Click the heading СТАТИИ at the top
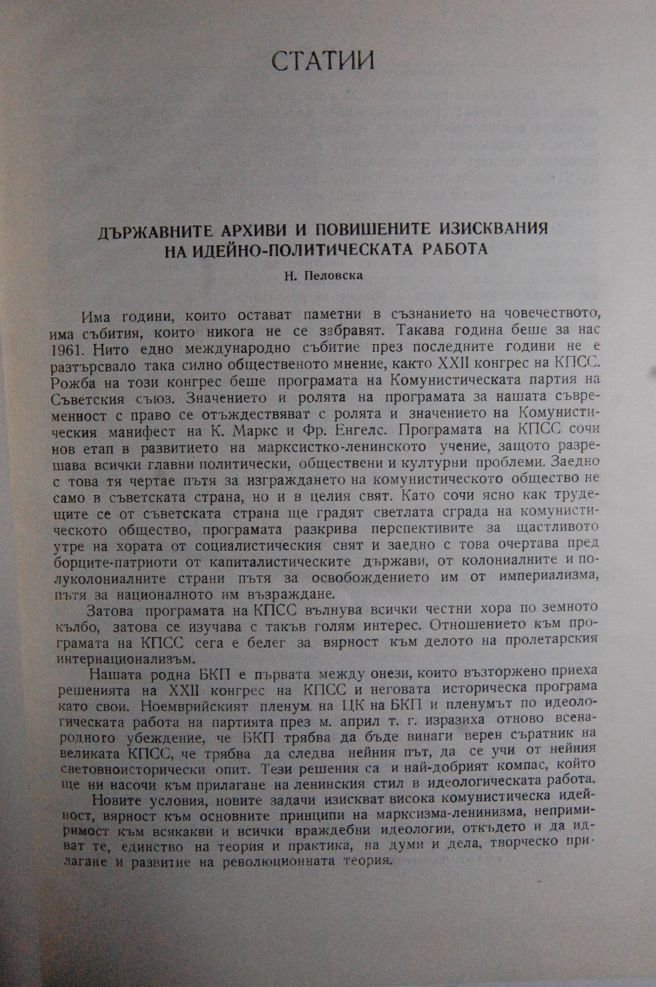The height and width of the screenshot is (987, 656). click(x=324, y=60)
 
